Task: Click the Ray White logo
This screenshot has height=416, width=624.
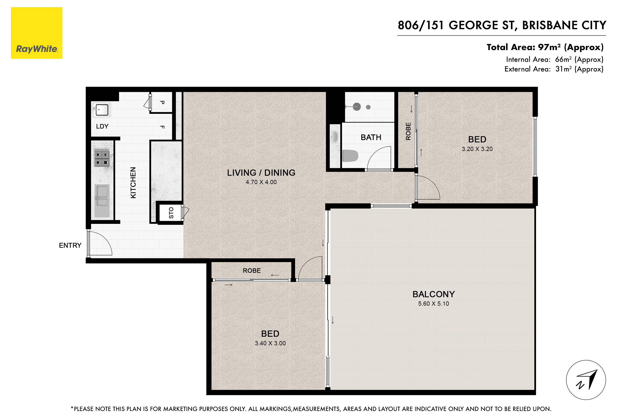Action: click(37, 33)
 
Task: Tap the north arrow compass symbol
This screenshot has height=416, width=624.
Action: click(586, 380)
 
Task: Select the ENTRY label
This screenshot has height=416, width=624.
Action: click(70, 245)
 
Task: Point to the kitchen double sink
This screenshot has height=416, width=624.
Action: click(102, 200)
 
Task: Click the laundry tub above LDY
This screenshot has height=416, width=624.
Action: click(101, 110)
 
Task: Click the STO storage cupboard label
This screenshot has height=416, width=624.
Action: click(171, 213)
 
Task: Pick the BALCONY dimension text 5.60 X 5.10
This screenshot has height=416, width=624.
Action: click(434, 304)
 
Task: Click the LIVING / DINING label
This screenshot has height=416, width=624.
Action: click(261, 173)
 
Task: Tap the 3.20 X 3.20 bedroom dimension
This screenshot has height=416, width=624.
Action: click(477, 149)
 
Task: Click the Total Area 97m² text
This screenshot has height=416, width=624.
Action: click(545, 47)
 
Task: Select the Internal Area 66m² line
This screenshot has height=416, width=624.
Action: click(554, 60)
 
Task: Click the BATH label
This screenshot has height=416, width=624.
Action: click(371, 138)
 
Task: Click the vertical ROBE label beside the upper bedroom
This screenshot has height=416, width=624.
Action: click(408, 131)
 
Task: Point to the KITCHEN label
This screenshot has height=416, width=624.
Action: click(133, 183)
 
